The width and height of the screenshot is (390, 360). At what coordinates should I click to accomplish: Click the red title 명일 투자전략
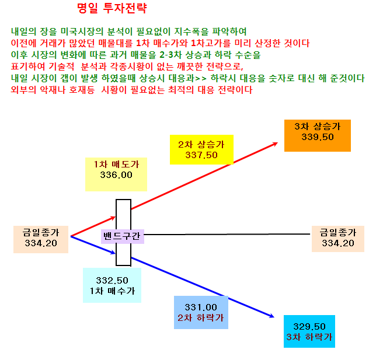pyautogui.click(x=112, y=8)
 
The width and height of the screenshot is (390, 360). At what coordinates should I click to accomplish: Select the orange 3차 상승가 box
pyautogui.click(x=318, y=135)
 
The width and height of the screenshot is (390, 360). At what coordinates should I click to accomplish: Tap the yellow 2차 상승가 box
pyautogui.click(x=201, y=149)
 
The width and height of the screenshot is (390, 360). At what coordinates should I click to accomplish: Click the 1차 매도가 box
pyautogui.click(x=116, y=174)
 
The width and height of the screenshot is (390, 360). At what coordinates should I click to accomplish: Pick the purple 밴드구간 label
pyautogui.click(x=123, y=236)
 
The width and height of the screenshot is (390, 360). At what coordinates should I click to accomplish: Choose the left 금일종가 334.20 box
pyautogui.click(x=41, y=239)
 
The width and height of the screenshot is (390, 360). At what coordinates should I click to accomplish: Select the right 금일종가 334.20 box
pyautogui.click(x=338, y=239)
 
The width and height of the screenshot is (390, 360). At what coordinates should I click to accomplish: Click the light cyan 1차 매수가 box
pyautogui.click(x=112, y=285)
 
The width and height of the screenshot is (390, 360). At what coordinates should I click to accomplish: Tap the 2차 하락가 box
pyautogui.click(x=201, y=312)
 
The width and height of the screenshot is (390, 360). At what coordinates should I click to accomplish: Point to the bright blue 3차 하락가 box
pyautogui.click(x=309, y=331)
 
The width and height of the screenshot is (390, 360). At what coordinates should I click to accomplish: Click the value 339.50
pyautogui.click(x=318, y=137)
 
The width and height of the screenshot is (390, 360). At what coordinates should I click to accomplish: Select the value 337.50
pyautogui.click(x=201, y=155)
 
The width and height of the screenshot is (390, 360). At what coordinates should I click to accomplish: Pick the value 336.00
pyautogui.click(x=116, y=175)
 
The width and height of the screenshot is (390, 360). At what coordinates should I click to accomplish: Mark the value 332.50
pyautogui.click(x=112, y=281)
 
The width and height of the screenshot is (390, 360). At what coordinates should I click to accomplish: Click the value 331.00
pyautogui.click(x=201, y=307)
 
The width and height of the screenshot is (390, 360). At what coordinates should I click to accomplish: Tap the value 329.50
pyautogui.click(x=309, y=326)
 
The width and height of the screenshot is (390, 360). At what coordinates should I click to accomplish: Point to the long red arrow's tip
pyautogui.click(x=277, y=143)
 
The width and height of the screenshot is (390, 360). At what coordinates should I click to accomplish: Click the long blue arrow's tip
pyautogui.click(x=274, y=317)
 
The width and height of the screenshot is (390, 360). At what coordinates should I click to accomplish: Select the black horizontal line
pyautogui.click(x=227, y=234)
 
